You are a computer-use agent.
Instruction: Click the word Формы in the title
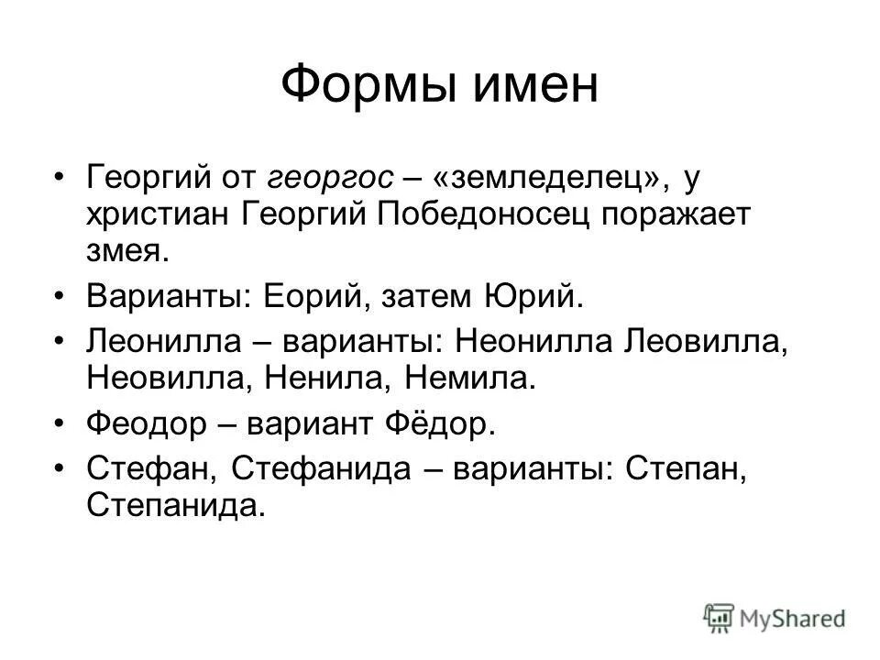click(x=364, y=85)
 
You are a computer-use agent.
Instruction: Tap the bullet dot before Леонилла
click(x=60, y=343)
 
